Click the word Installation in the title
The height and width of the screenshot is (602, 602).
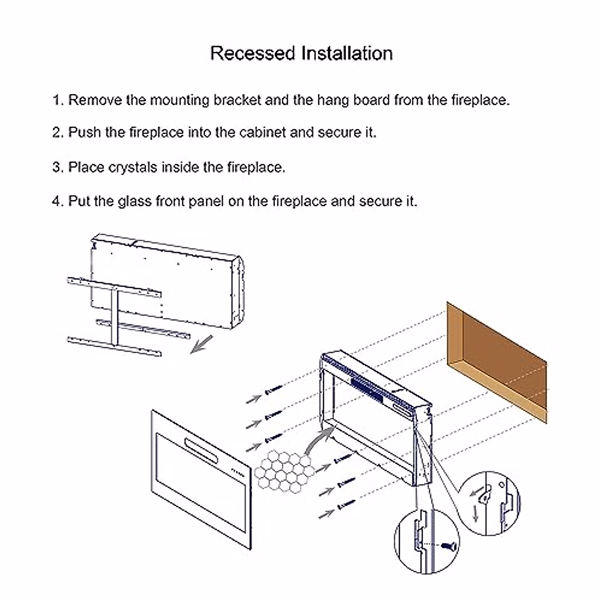pos(347,53)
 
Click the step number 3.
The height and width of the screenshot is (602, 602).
pos(57,167)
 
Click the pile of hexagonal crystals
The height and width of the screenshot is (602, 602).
pos(283,470)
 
